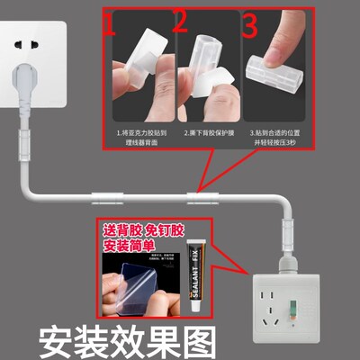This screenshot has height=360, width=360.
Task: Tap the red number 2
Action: pos(180,23)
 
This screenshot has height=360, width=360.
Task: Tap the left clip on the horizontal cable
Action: pos(99,195)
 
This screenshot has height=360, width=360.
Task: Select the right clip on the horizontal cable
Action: pos(198,195)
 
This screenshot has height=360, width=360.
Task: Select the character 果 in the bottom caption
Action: pos(170,339)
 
